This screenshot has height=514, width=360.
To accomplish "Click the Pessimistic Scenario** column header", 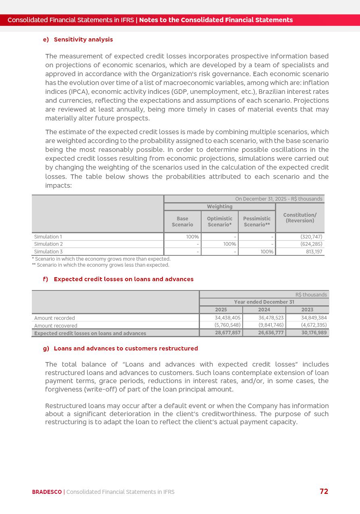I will pyautogui.click(x=257, y=222).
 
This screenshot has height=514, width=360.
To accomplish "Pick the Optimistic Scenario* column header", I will pyautogui.click(x=220, y=222).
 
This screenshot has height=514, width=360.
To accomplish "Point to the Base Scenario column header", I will pyautogui.click(x=182, y=222).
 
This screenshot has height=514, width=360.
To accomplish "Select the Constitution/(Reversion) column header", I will pyautogui.click(x=300, y=218).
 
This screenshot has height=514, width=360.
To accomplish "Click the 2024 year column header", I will pyautogui.click(x=264, y=310).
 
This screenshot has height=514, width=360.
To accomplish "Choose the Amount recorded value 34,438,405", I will pyautogui.click(x=227, y=318).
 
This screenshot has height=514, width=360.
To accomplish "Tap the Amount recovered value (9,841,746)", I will pyautogui.click(x=271, y=325).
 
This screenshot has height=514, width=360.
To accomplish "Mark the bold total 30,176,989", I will pyautogui.click(x=314, y=333).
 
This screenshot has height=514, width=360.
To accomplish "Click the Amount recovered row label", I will pyautogui.click(x=56, y=325).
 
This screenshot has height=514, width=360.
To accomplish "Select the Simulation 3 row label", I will pyautogui.click(x=48, y=252).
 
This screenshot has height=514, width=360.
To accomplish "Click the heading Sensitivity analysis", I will pyautogui.click(x=83, y=39).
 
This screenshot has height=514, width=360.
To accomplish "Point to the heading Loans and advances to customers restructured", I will pyautogui.click(x=126, y=348).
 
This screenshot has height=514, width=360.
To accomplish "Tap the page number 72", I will pyautogui.click(x=324, y=491).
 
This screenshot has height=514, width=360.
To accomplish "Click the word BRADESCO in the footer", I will pyautogui.click(x=47, y=492).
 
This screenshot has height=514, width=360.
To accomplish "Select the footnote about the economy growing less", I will pyautogui.click(x=100, y=265).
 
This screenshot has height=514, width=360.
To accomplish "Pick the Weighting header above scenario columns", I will pyautogui.click(x=220, y=207).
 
